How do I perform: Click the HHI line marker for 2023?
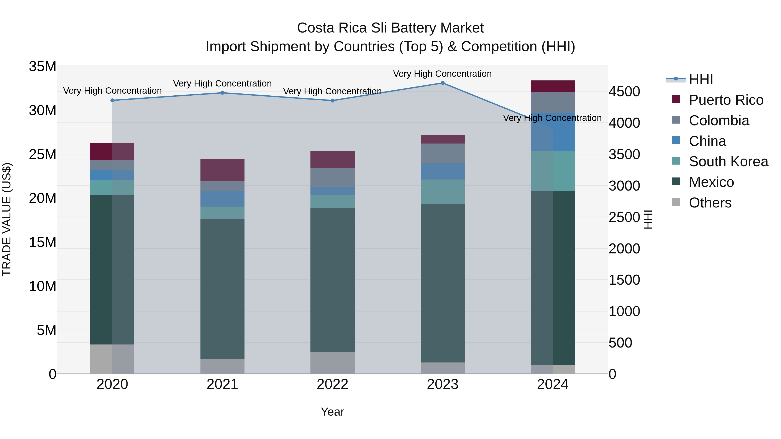[442, 83]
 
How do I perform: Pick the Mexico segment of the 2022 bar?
[332, 280]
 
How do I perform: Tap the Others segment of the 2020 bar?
[112, 359]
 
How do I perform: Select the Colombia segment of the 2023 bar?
[442, 153]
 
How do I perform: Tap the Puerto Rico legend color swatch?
[676, 99]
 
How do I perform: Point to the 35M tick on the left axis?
[43, 66]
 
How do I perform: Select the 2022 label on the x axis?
[332, 384]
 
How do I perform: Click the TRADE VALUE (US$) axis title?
[7, 219]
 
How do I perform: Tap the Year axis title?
[332, 412]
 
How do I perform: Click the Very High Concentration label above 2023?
[442, 74]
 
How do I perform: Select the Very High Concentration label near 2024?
[552, 118]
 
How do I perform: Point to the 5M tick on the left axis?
[46, 330]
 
